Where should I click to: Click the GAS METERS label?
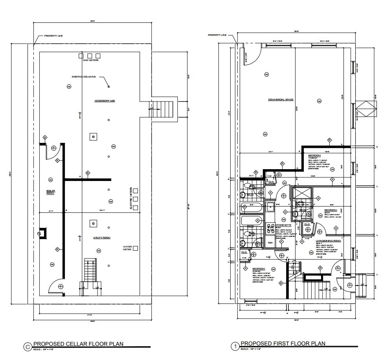click(90, 61)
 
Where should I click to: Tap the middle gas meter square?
click(90, 55)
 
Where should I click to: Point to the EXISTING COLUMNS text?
click(83, 77)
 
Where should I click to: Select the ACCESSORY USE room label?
click(105, 101)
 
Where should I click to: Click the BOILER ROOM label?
click(51, 192)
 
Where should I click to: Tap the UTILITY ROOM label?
click(101, 238)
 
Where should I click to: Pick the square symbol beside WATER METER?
click(136, 248)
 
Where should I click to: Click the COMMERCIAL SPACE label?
click(281, 100)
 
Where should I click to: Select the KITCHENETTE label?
click(283, 225)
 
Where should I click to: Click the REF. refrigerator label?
click(271, 243)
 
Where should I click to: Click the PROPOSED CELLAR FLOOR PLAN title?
click(78, 343)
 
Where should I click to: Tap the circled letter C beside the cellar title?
click(28, 347)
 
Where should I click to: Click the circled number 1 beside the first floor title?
click(235, 347)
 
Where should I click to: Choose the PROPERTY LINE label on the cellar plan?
click(53, 36)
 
